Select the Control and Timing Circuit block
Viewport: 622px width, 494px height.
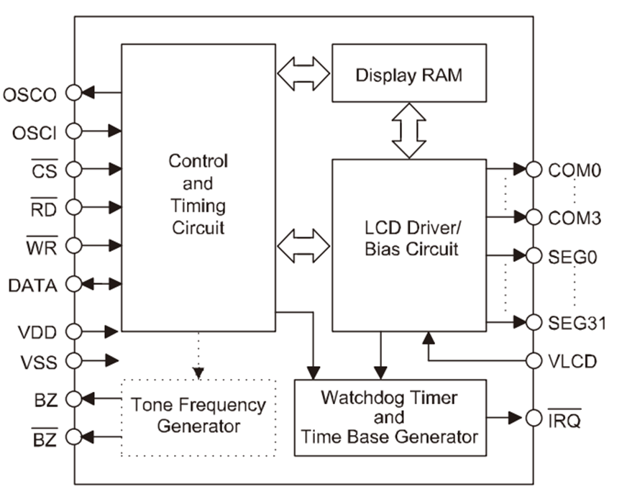[x=198, y=187]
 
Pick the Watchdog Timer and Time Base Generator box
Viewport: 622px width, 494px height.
[x=390, y=417]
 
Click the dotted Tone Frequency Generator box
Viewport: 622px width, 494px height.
[x=198, y=416]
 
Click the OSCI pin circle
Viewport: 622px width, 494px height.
[x=73, y=131]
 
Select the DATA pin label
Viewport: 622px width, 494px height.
[x=33, y=284]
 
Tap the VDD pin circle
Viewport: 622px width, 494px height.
[x=73, y=331]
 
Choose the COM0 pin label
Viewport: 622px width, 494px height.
[x=574, y=170]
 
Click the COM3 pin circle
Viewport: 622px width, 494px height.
[x=534, y=216]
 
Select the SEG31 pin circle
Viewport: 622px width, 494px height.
[x=534, y=322]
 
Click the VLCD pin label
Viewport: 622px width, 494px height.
[x=572, y=361]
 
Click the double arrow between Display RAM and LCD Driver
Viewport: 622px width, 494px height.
[x=408, y=130]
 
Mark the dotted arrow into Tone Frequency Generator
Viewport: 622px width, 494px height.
[x=198, y=356]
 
